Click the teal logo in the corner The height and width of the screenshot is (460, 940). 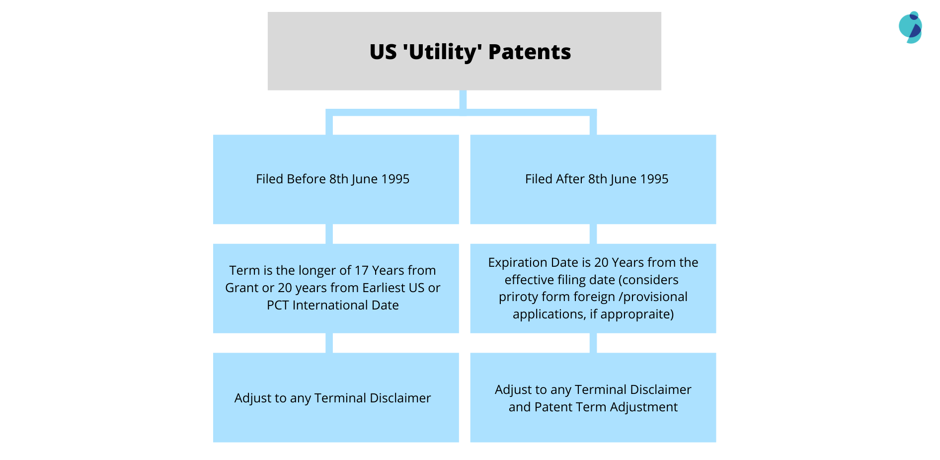[x=910, y=27]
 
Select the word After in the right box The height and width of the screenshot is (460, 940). [x=570, y=179]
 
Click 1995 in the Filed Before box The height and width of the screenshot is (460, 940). [x=395, y=179]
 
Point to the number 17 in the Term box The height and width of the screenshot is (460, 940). [x=361, y=271]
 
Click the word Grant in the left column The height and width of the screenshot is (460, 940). [x=241, y=288]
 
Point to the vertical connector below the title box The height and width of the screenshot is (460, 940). [x=463, y=99]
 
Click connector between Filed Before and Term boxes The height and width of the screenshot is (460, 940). [x=329, y=233]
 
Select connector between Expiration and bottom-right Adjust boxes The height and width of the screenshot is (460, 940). [x=593, y=343]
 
